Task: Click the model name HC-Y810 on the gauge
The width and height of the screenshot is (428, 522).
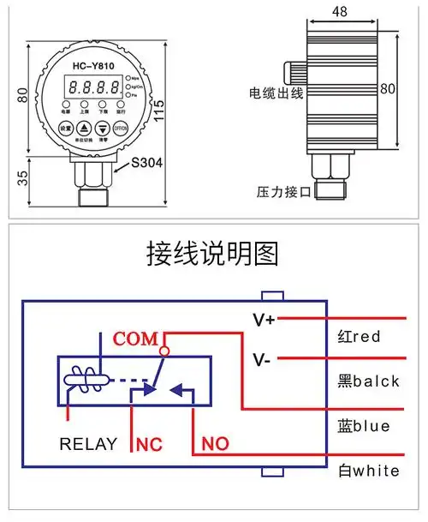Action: (93, 68)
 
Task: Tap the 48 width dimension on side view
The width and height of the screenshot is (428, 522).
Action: (340, 12)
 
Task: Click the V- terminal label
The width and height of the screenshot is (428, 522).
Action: (262, 359)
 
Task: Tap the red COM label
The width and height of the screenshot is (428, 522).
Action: (136, 339)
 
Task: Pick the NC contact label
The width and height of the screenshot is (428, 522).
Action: (149, 446)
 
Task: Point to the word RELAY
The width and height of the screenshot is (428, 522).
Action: (87, 445)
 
